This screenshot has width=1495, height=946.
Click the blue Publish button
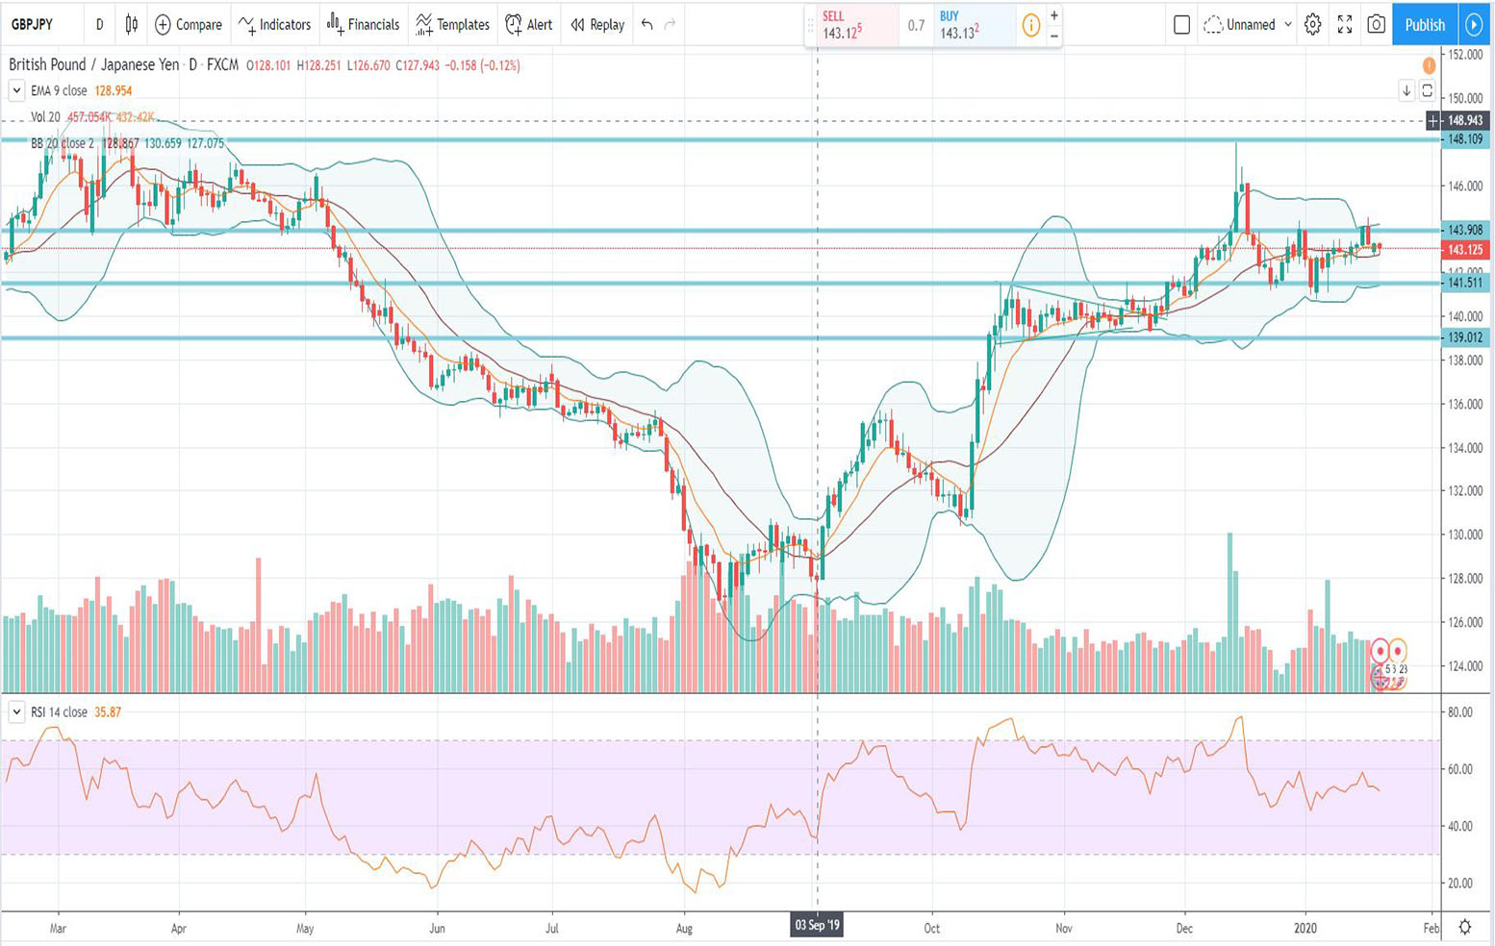(1424, 25)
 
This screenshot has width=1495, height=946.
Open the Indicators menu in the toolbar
(275, 25)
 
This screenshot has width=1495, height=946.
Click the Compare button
(189, 25)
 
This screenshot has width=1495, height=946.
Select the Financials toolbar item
(363, 25)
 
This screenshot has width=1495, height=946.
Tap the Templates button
(452, 25)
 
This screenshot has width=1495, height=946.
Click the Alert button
(529, 25)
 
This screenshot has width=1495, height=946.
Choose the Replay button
(597, 25)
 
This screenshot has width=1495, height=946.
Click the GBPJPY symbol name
(32, 25)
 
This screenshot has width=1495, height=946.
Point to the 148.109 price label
(1464, 139)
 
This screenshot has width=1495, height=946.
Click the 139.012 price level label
(1464, 337)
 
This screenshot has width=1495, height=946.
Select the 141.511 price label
(1464, 283)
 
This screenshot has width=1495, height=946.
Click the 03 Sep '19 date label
(817, 926)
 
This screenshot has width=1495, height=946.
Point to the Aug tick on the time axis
(684, 929)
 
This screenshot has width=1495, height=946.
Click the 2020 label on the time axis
(1305, 929)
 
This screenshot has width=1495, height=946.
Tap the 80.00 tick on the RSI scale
(1459, 712)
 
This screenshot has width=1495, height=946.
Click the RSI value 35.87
(108, 712)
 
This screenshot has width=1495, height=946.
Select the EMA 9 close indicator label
(59, 90)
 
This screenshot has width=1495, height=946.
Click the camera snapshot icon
(1377, 25)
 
